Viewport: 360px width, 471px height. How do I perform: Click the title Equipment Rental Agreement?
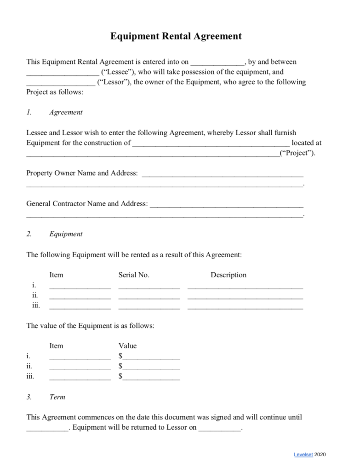click(176, 36)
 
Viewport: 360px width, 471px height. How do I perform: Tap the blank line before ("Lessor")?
click(60, 83)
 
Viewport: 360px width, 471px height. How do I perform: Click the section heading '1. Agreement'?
click(54, 112)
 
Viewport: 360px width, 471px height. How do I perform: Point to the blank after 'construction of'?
click(211, 144)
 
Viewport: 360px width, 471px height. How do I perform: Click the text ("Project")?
click(297, 153)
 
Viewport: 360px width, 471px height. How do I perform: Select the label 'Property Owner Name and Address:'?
click(82, 173)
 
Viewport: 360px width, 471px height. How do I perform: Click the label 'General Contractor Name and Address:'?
click(87, 203)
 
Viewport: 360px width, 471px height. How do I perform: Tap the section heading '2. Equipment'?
click(54, 234)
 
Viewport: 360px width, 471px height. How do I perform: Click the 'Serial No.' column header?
click(134, 275)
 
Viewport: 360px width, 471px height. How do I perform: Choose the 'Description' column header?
click(229, 275)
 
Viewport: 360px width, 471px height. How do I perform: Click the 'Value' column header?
click(127, 346)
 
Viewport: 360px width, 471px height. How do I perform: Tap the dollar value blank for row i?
click(151, 357)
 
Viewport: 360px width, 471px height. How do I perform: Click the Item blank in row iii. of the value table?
click(80, 378)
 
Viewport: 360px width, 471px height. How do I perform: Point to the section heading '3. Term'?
click(46, 397)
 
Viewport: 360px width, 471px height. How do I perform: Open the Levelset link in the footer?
click(303, 455)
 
